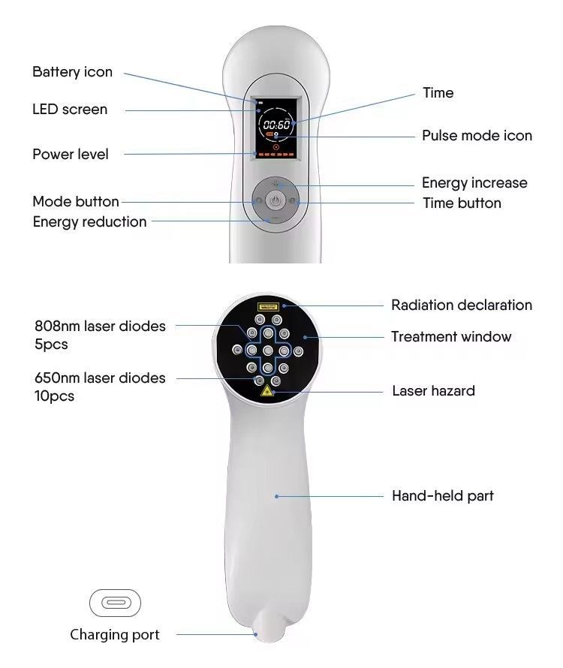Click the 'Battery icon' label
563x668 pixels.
point(73,72)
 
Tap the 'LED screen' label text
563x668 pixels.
point(70,110)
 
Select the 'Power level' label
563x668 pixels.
point(71,154)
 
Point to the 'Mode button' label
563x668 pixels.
point(76,201)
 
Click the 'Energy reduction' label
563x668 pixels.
point(89,222)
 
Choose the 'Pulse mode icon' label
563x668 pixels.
point(477,135)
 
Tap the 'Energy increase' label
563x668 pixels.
point(474,183)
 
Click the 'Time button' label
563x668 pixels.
point(462,203)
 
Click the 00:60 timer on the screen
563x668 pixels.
point(276,125)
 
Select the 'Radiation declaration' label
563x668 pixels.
point(462,305)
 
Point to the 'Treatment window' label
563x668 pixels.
point(451,336)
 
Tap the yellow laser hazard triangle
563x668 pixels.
point(266,390)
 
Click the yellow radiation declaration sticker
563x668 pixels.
point(268,306)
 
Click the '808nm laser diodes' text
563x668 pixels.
point(100,326)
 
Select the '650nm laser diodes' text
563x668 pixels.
point(100,378)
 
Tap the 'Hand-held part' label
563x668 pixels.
point(443,496)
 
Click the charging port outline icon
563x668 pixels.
point(115,603)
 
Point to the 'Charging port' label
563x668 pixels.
point(115,635)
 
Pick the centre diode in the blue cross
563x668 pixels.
point(268,351)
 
